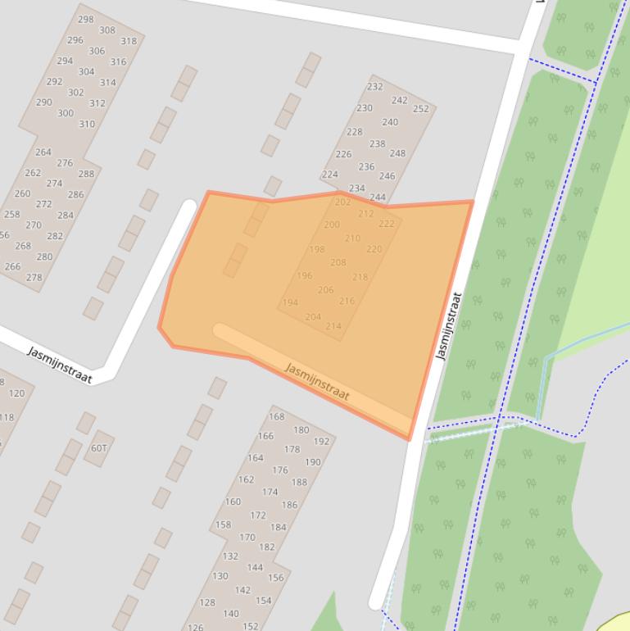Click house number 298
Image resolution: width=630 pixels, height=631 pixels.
pos(85,19)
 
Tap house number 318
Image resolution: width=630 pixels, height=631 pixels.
pos(129,41)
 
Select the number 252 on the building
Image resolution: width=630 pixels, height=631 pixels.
pos(420,109)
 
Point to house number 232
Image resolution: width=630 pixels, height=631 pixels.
pos(374,87)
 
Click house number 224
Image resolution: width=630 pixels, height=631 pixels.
pos(329,175)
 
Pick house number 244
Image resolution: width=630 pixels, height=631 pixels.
pos(377,197)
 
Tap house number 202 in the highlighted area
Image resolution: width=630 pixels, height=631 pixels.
pos(342,202)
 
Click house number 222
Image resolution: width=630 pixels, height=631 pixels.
pos(386,224)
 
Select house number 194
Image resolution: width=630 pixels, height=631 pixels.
pos(290,302)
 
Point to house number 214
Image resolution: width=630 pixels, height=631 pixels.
pos(333,326)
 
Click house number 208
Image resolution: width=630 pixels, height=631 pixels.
pos(338,263)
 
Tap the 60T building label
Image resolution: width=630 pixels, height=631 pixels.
pos(99,448)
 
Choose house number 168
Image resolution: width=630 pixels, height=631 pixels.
pos(276,417)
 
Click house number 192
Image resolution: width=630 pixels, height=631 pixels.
pos(321,442)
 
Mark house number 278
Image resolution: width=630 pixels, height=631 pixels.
pos(34,278)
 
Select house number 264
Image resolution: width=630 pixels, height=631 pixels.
pos(43,152)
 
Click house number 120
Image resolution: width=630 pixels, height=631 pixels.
pos(16,393)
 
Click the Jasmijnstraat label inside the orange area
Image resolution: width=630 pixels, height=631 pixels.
pos(317,382)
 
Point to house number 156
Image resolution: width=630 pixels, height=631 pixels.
pos(275,578)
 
